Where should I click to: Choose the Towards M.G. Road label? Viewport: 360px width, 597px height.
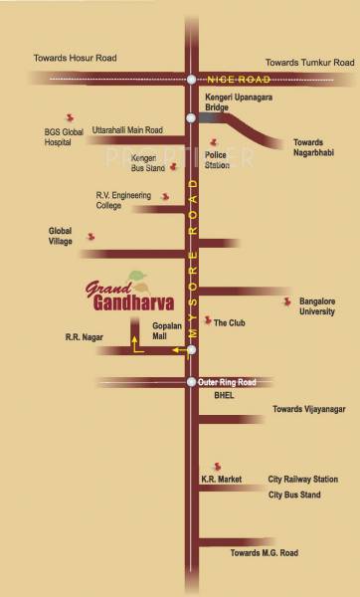(x=266, y=551)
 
